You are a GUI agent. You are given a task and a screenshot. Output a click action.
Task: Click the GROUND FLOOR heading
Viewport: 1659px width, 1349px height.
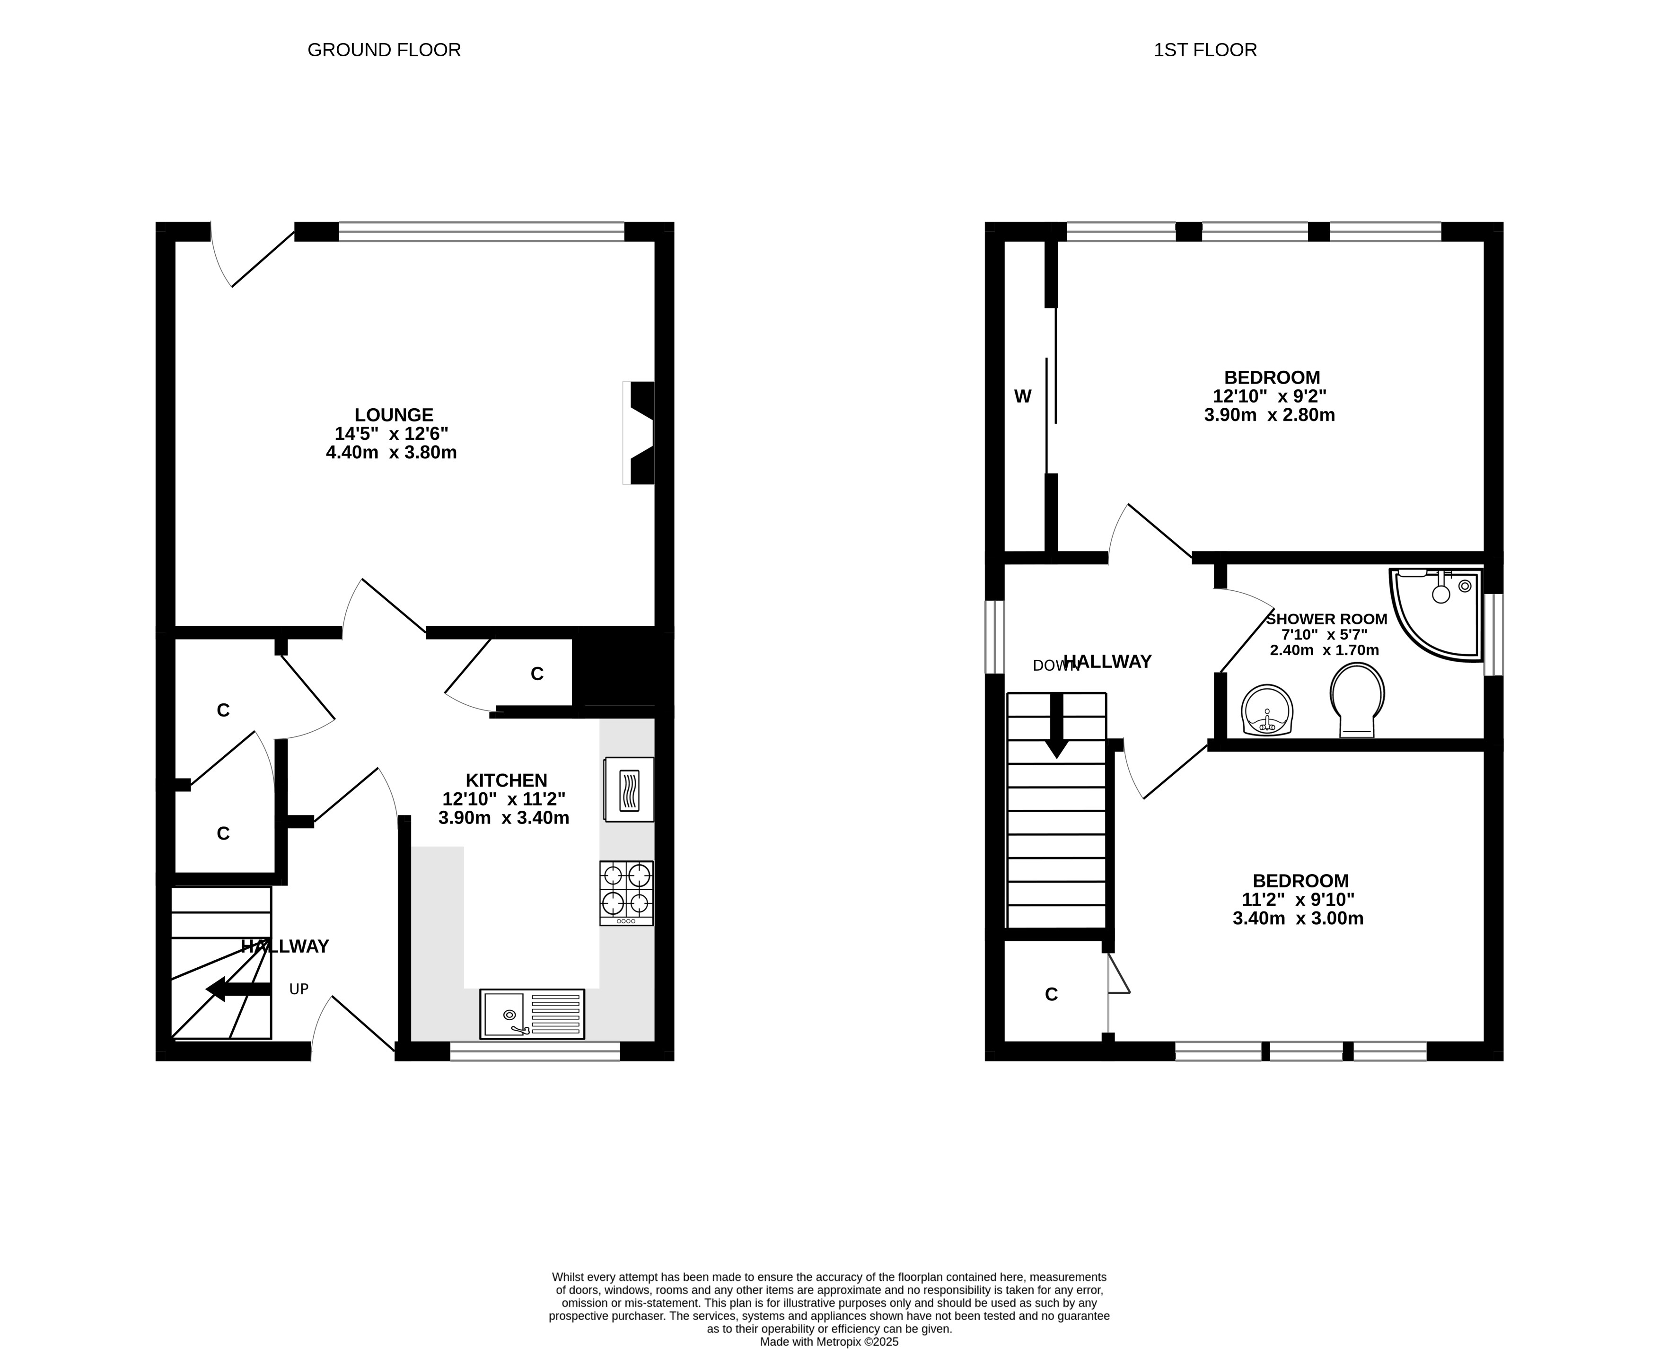(x=384, y=50)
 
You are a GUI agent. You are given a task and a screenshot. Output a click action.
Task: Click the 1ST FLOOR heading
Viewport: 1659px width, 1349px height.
(x=1205, y=50)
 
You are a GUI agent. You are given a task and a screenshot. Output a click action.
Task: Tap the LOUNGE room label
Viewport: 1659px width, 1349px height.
(x=394, y=415)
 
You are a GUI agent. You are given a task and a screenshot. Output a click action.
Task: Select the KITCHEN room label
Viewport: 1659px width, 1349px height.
(x=506, y=780)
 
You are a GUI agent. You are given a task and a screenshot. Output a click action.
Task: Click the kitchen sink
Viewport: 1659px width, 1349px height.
(x=532, y=1014)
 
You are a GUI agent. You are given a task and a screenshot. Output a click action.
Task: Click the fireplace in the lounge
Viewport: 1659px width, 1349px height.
(x=639, y=433)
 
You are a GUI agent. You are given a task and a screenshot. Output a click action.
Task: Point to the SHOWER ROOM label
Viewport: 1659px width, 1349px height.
(x=1326, y=619)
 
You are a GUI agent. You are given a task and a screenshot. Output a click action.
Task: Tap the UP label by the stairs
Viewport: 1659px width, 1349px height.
(x=299, y=989)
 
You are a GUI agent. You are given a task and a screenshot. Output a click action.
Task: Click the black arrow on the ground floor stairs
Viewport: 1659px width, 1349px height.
(x=238, y=989)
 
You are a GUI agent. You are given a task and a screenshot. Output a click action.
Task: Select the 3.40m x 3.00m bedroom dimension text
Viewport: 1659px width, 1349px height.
(x=1298, y=919)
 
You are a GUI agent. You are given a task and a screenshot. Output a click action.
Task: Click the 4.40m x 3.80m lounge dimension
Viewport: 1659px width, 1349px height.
(x=391, y=452)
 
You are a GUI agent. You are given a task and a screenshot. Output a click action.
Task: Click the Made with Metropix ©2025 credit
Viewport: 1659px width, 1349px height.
(x=829, y=1341)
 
